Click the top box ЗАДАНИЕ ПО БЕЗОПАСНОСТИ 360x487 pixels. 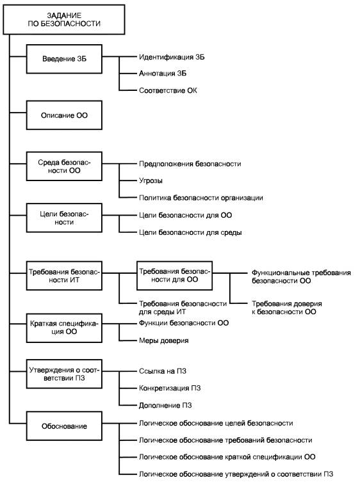[63, 19]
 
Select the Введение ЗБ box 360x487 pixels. [64, 59]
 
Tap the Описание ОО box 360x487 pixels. [64, 115]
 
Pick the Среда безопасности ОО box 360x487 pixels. [64, 166]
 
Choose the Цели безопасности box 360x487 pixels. [64, 218]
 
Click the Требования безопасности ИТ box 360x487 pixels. [64, 275]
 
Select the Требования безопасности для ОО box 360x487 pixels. [174, 275]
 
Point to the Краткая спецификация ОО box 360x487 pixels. [64, 328]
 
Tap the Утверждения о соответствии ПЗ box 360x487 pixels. [64, 374]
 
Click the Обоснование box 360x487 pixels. [64, 426]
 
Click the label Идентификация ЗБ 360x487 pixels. [172, 57]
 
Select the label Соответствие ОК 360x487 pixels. [168, 91]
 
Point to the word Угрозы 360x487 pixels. [151, 180]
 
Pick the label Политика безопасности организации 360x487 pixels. [201, 198]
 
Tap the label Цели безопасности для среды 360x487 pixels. [190, 232]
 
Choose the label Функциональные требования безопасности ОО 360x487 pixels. [301, 276]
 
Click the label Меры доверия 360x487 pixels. [163, 340]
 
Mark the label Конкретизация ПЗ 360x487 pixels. [170, 388]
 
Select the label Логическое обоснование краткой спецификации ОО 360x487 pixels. [227, 457]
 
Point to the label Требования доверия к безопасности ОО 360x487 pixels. [286, 308]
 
